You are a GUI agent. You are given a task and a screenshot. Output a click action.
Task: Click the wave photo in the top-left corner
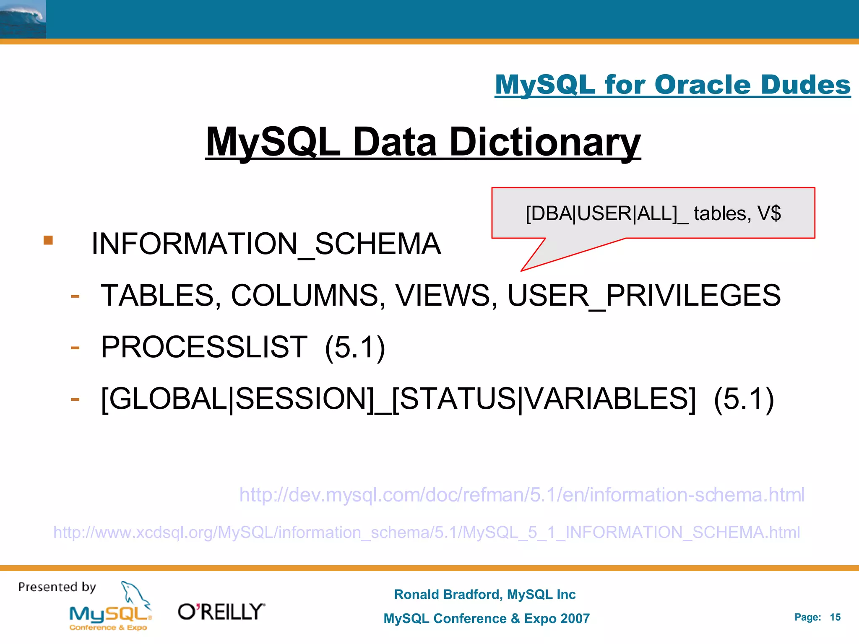coord(23,19)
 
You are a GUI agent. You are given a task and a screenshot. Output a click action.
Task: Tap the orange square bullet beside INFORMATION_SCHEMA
coord(48,240)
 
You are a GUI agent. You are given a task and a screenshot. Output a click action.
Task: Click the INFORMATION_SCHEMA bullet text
coord(266,244)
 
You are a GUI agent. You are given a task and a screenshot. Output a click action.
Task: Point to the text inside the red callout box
coord(653,213)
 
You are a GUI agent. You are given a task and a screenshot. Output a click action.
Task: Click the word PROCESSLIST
coord(204,347)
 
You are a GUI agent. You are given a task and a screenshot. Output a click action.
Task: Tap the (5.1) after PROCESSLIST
coord(355,348)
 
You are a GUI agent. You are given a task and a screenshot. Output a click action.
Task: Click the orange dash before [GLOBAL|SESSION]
coord(75,399)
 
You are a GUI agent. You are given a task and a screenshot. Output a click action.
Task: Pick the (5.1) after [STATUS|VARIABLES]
coord(743,399)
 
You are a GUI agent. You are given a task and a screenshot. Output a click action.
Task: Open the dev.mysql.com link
coord(521,495)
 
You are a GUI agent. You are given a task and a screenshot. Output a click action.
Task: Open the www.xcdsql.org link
coord(427,532)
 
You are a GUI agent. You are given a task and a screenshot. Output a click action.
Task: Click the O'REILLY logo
coord(221,612)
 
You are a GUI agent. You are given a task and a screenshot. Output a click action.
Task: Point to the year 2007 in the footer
coord(574,618)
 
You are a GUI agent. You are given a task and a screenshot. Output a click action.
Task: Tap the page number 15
coord(835,617)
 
